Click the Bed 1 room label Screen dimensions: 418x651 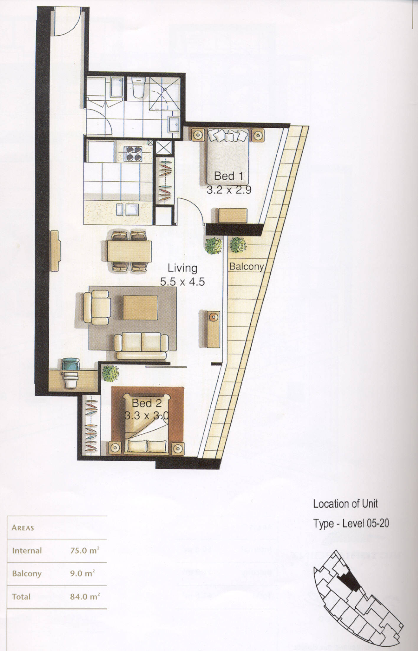(229, 176)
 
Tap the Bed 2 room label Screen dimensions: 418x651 (146, 403)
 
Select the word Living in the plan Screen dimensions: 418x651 (182, 268)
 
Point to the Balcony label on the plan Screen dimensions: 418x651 (246, 267)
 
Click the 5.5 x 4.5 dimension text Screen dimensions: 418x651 (182, 282)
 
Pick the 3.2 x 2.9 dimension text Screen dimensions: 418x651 (229, 190)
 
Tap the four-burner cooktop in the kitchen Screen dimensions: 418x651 (133, 153)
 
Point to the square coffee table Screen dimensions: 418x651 (140, 307)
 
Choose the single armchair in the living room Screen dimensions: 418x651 (97, 307)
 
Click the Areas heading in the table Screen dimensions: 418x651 (23, 528)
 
